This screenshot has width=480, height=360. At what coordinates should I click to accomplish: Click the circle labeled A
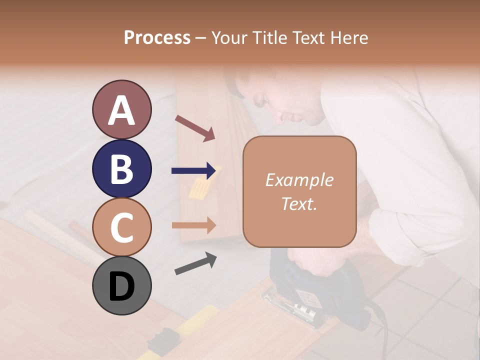pos(121,109)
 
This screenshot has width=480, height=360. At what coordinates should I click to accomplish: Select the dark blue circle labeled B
pos(121,168)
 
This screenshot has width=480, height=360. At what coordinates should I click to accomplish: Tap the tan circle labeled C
pos(121,227)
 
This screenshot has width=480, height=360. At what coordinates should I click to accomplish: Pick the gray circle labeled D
pos(121,285)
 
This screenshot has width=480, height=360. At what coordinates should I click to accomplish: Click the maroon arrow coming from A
pos(195,128)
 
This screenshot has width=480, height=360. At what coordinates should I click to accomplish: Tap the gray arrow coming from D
pos(195,263)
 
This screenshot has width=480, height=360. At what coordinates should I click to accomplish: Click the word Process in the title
pos(157,37)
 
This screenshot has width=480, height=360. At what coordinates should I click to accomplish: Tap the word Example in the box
pos(299,180)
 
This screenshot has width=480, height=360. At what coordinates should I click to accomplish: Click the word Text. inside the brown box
pos(299,203)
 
